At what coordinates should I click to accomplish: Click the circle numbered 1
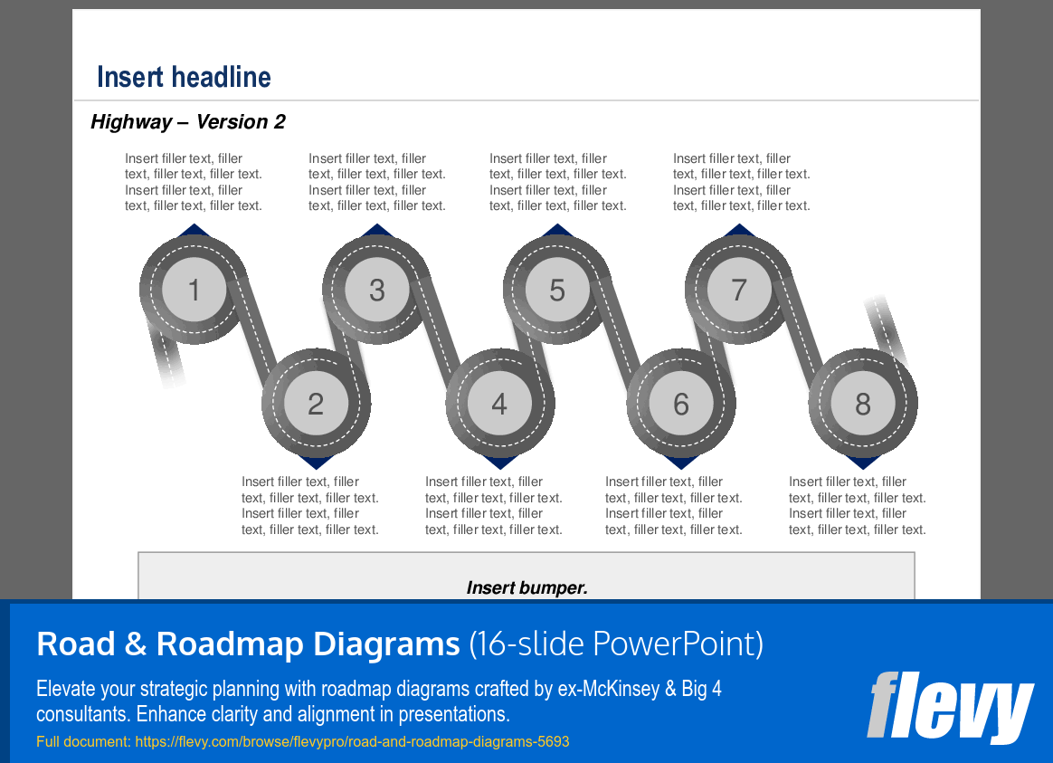194,290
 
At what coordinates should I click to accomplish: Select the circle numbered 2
316,404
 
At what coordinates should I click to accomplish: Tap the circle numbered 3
377,290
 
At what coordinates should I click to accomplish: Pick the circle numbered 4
499,404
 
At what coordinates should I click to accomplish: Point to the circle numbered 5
557,290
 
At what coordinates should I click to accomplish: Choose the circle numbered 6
681,404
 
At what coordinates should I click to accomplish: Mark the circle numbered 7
739,290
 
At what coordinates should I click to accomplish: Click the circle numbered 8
863,404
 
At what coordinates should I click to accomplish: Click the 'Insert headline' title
184,77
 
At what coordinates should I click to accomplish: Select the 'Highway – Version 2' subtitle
188,122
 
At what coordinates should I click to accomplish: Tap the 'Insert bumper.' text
526,587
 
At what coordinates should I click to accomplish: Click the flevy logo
949,706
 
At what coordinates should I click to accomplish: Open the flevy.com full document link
303,741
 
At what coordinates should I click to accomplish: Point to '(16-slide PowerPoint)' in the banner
616,644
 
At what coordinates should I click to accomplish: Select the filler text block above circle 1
194,182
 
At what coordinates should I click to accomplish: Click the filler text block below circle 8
857,506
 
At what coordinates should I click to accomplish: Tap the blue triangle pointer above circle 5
557,230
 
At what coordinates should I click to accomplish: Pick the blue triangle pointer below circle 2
316,463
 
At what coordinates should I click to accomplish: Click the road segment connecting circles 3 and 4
438,346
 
